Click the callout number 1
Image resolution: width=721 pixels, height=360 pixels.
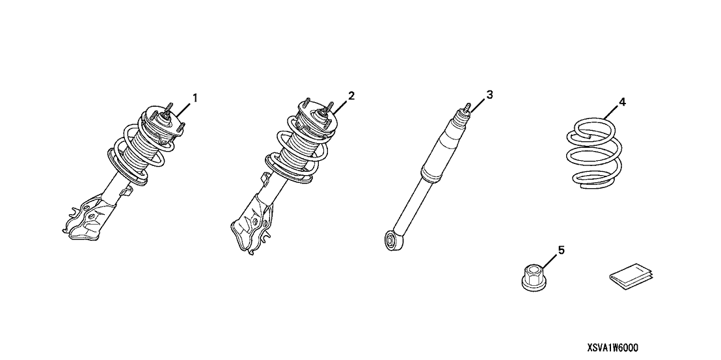(x=195, y=98)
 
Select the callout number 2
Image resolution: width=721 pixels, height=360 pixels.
(x=351, y=96)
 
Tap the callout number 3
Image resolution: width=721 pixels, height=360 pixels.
(x=490, y=94)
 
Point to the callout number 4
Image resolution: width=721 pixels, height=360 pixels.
(x=622, y=102)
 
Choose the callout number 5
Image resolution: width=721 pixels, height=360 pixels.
(x=561, y=249)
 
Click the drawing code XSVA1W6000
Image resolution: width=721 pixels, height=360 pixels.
(x=612, y=348)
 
